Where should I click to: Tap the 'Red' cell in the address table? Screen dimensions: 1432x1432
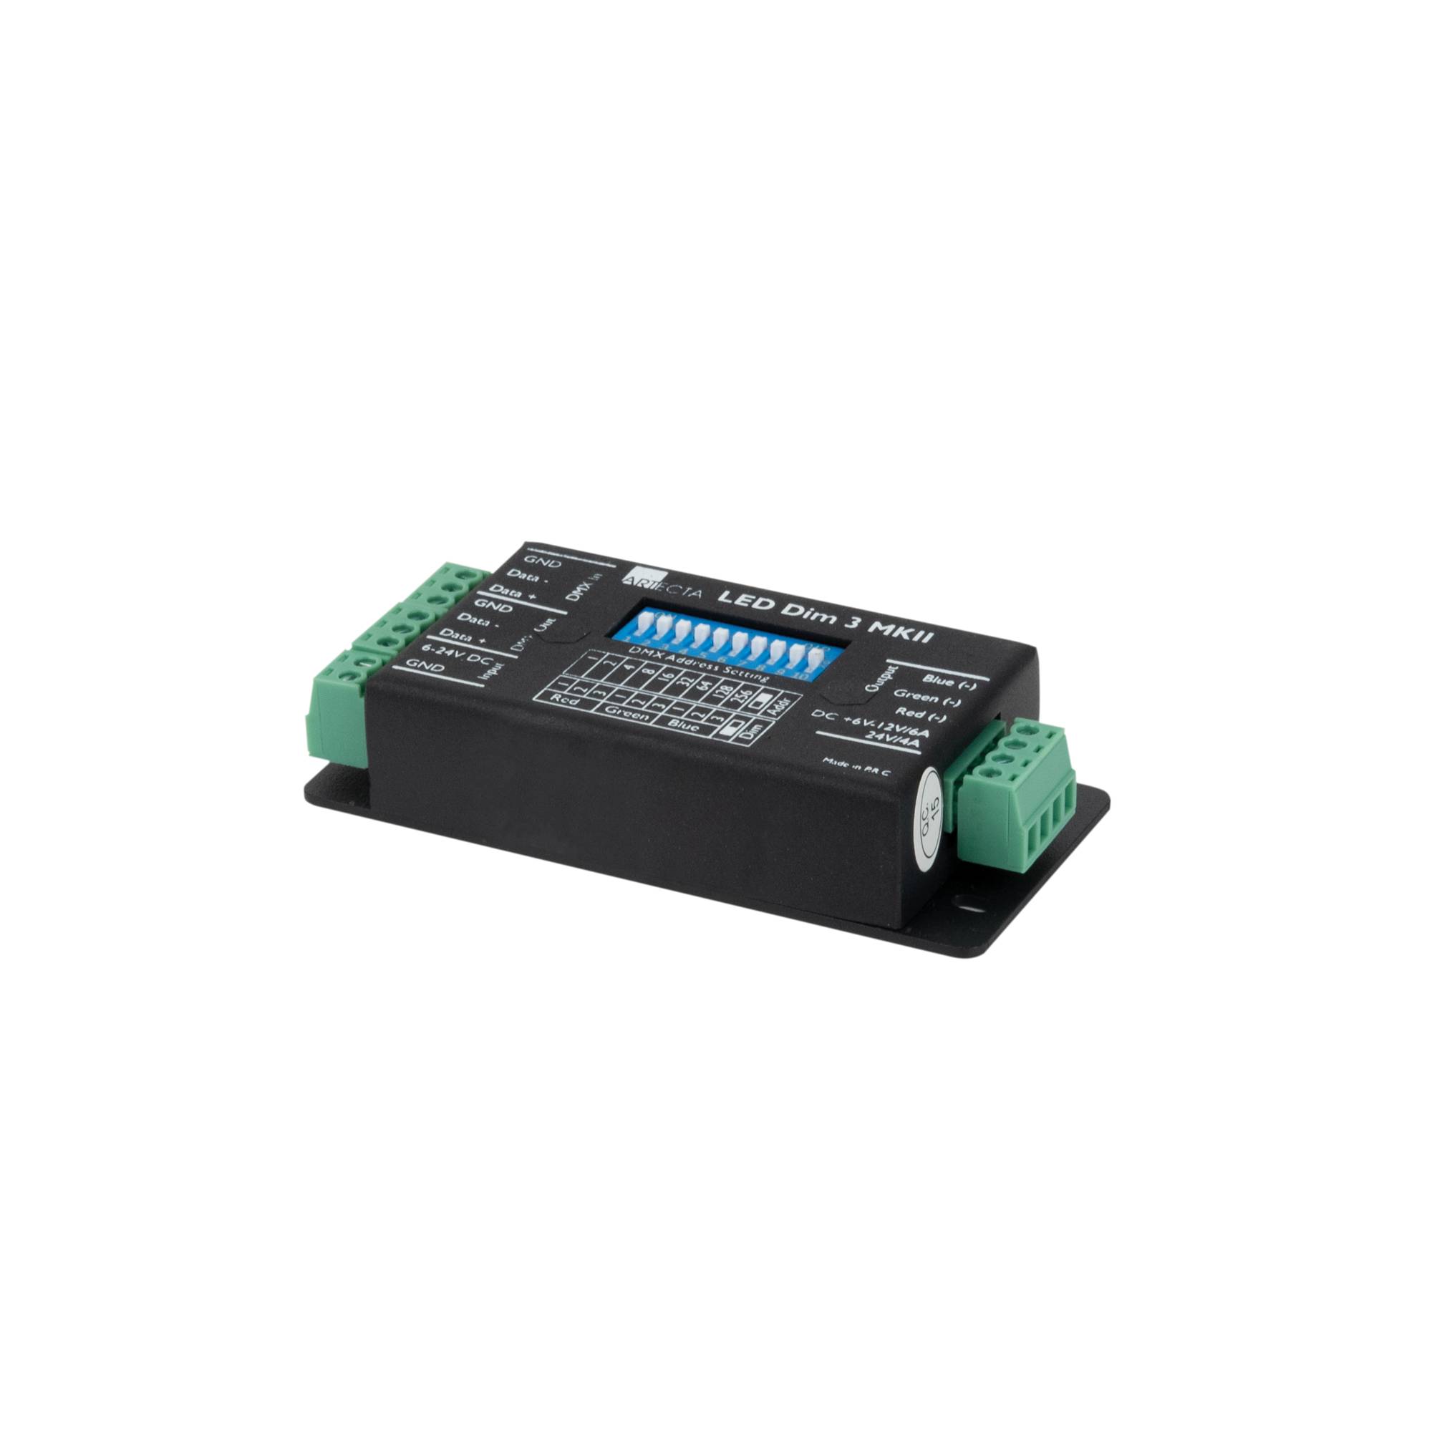pyautogui.click(x=566, y=701)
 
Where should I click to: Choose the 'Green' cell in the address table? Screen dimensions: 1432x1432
pyautogui.click(x=626, y=715)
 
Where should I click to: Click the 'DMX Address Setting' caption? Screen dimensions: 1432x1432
pyautogui.click(x=697, y=662)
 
